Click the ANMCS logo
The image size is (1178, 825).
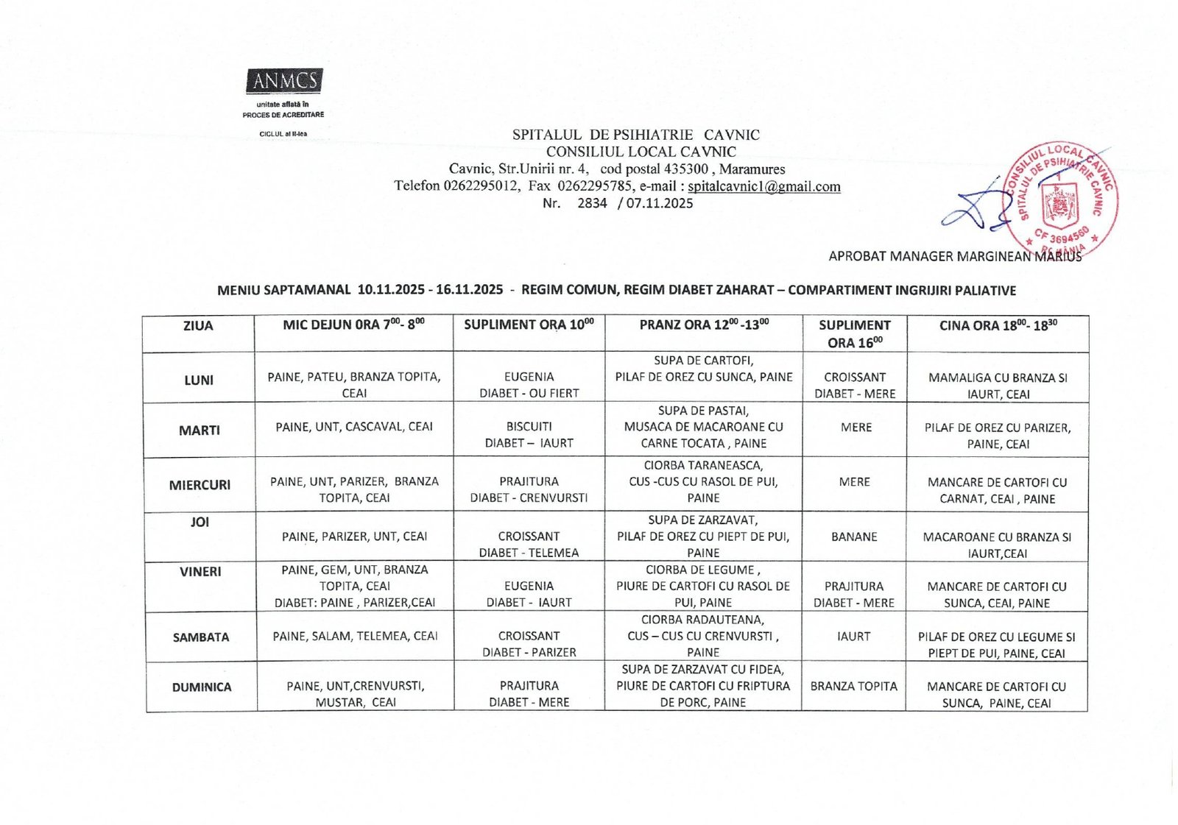tap(284, 80)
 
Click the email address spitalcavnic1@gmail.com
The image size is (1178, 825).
tap(763, 186)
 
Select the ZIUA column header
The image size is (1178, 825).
tap(198, 326)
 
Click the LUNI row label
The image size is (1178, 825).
tap(199, 380)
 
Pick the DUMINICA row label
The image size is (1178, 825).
tap(202, 687)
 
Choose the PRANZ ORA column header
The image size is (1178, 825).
tap(703, 325)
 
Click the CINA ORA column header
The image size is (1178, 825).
tap(998, 326)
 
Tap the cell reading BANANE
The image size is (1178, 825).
tap(854, 537)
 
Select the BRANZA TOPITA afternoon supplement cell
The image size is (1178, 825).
tap(854, 686)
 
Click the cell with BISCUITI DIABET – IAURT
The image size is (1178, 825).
tap(529, 434)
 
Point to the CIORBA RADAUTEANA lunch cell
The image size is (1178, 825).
tap(703, 636)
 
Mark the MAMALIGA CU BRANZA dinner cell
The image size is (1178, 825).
tap(998, 386)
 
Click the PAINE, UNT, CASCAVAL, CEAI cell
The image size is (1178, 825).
tap(354, 427)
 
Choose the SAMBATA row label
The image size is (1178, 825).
tap(201, 637)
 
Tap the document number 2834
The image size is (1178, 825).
tap(592, 203)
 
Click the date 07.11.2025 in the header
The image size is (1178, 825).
tap(660, 203)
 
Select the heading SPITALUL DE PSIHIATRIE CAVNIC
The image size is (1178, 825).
tap(636, 135)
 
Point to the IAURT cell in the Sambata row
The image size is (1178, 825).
tap(854, 636)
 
